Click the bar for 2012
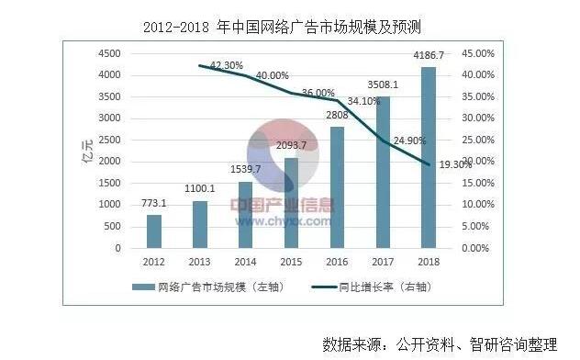(153, 231)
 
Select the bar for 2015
(291, 203)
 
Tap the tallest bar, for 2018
(428, 157)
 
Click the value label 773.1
(155, 202)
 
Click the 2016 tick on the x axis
(336, 261)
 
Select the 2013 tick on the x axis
(199, 261)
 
